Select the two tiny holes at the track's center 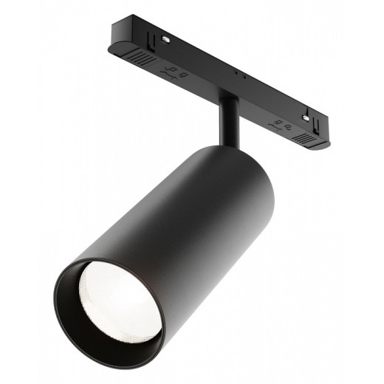click(x=238, y=75)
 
